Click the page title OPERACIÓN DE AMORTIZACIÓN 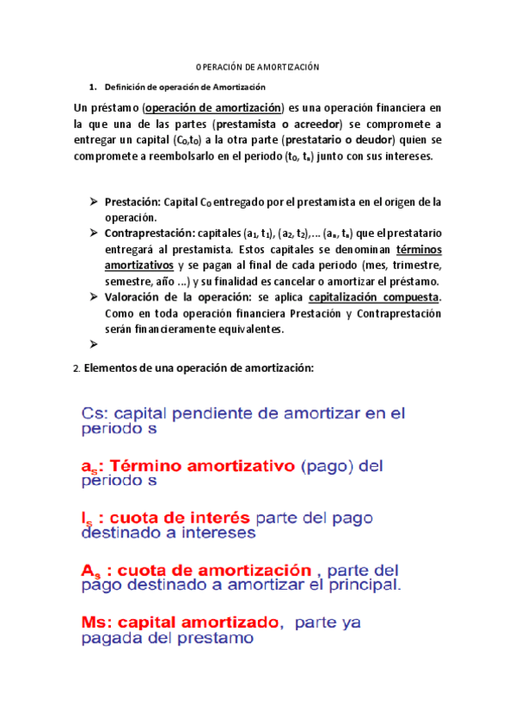(257, 68)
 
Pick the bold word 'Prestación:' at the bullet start (132, 203)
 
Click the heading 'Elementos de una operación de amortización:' (199, 368)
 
